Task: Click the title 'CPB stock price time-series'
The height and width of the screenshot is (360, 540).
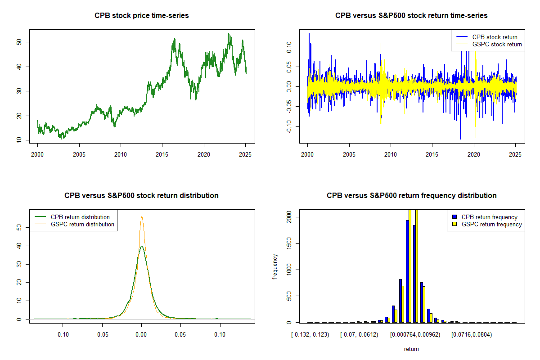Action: click(142, 16)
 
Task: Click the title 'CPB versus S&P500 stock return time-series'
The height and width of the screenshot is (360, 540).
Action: click(411, 16)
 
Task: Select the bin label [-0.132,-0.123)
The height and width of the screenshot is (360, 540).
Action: click(310, 334)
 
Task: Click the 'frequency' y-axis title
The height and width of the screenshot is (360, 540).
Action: click(275, 267)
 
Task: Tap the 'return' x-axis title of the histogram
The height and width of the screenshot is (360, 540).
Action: click(411, 349)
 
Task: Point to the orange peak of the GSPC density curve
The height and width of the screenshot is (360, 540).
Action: click(142, 216)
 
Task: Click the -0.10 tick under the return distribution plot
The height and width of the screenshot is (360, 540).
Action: click(62, 334)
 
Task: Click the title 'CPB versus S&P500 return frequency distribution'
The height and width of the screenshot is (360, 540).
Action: click(411, 196)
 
